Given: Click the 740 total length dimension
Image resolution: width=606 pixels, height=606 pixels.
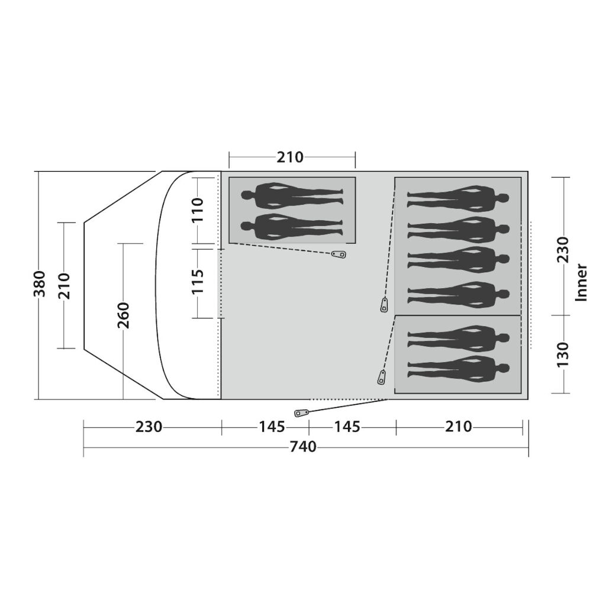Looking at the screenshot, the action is point(303,447).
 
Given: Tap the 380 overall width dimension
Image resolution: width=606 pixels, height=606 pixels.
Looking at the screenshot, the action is point(40,284).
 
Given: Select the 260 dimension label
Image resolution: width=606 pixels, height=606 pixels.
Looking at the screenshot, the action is point(123,315).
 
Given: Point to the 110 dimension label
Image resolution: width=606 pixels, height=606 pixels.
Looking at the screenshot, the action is point(198,209).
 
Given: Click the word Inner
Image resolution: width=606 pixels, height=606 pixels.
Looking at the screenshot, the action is point(582,282).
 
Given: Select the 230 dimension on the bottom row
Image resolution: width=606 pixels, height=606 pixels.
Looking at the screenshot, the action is point(149,427).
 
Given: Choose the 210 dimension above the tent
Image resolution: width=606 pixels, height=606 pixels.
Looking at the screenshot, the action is point(290,157).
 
